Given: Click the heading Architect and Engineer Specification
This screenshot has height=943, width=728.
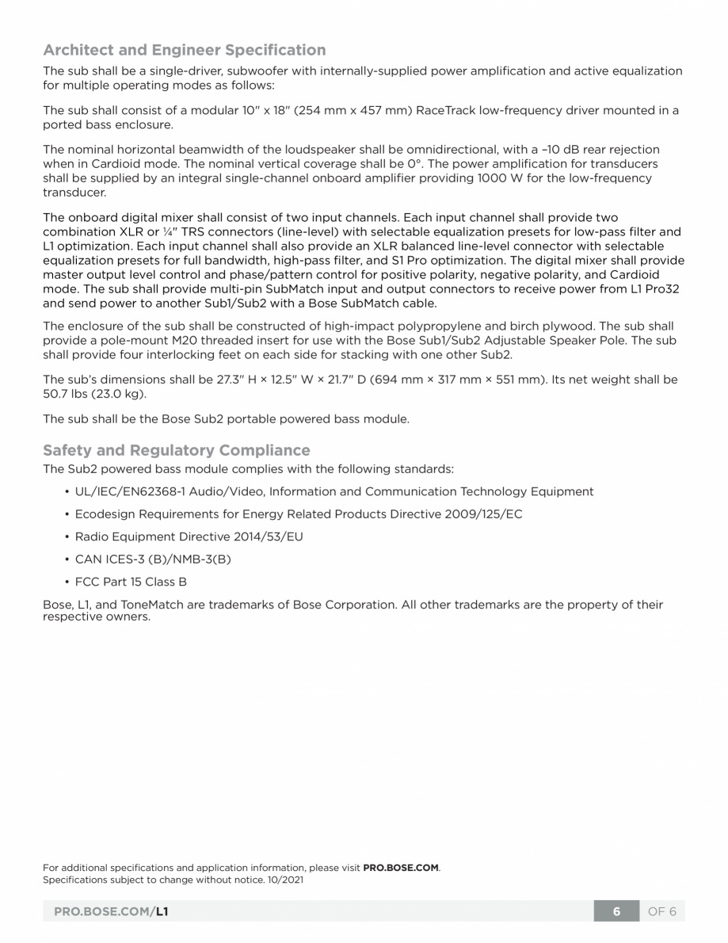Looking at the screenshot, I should coord(184,51).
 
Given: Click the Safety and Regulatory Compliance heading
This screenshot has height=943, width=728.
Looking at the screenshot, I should coord(176,450).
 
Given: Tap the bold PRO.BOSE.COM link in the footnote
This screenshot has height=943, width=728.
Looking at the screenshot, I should coord(401,867).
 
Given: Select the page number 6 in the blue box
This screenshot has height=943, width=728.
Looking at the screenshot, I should coord(616,911).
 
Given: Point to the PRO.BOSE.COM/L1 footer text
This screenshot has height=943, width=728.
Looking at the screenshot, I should coord(110,911).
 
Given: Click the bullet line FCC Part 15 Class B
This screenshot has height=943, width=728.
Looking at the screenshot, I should coord(131,582).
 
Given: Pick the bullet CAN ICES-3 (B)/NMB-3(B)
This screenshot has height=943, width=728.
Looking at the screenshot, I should coord(153,559).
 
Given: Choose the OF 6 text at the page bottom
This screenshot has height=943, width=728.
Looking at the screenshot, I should coord(661,911).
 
